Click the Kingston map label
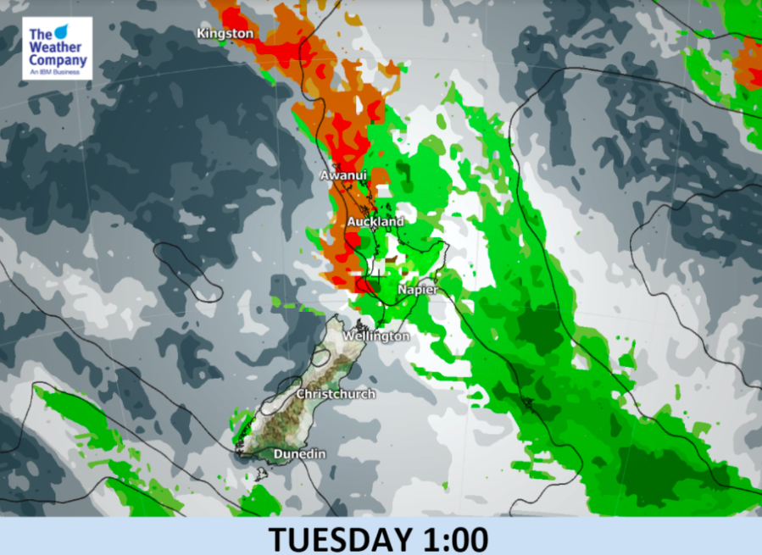(225, 33)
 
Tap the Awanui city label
(343, 175)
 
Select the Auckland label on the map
(375, 221)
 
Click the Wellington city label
(375, 336)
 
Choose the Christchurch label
(335, 394)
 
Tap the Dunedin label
(299, 455)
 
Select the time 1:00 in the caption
(457, 538)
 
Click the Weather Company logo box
(57, 48)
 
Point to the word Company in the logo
(57, 61)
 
